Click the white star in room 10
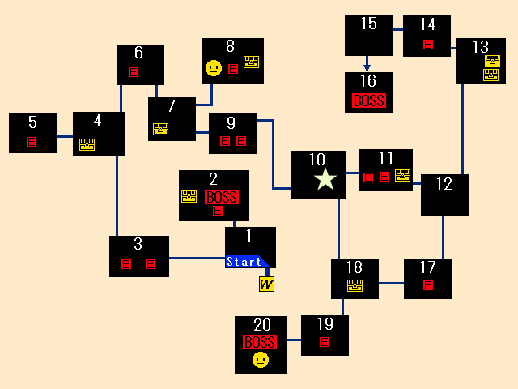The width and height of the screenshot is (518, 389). coord(325,179)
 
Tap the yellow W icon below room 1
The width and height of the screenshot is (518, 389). coord(266,284)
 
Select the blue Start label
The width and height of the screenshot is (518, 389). coord(245,262)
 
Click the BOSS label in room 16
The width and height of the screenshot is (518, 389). coord(368,101)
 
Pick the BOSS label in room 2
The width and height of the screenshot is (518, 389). coord(221,197)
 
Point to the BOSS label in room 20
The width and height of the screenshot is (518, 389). coord(259,342)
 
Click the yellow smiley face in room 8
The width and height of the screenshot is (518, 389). coord(213,68)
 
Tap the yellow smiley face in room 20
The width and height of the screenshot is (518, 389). coord(260,360)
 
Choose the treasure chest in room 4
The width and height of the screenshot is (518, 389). coord(87,144)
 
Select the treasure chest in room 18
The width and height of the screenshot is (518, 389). coord(355,284)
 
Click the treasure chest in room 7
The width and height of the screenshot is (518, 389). coord(160,128)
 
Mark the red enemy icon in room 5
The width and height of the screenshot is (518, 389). coord(32,142)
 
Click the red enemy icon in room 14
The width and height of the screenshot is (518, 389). coord(428,45)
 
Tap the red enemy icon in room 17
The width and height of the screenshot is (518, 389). coord(428,284)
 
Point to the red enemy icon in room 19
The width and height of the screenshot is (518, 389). coord(325,341)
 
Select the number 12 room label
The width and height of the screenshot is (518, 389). coord(444,184)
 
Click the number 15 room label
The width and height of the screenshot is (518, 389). coord(368,24)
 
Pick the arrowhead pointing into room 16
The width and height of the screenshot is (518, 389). coord(367,68)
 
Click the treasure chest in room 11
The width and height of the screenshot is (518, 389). coord(402,175)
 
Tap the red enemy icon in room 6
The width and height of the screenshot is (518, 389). coord(134,72)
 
